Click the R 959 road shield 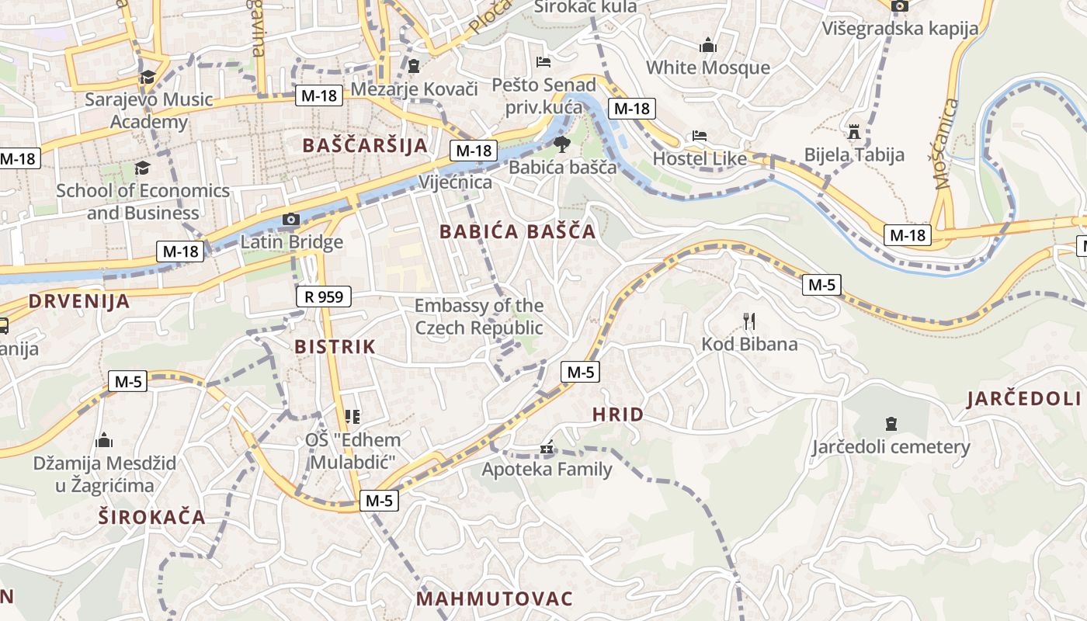[x=324, y=296]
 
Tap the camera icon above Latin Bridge [x=291, y=220]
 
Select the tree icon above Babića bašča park [x=561, y=144]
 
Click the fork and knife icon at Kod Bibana [x=749, y=321]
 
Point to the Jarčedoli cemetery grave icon [x=891, y=424]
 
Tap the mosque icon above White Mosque [x=707, y=45]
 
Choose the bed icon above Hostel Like [x=699, y=136]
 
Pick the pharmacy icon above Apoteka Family [x=547, y=447]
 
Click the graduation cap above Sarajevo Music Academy [x=148, y=77]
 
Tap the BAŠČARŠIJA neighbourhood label [x=365, y=145]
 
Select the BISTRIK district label [x=335, y=347]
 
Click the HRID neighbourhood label [x=618, y=415]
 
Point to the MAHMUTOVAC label [x=495, y=598]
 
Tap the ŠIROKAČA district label [x=152, y=517]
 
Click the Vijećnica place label [x=455, y=182]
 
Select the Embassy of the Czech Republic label [x=479, y=316]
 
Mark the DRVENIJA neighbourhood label [x=79, y=301]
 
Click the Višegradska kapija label [x=900, y=29]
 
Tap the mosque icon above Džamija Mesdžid [x=104, y=441]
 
